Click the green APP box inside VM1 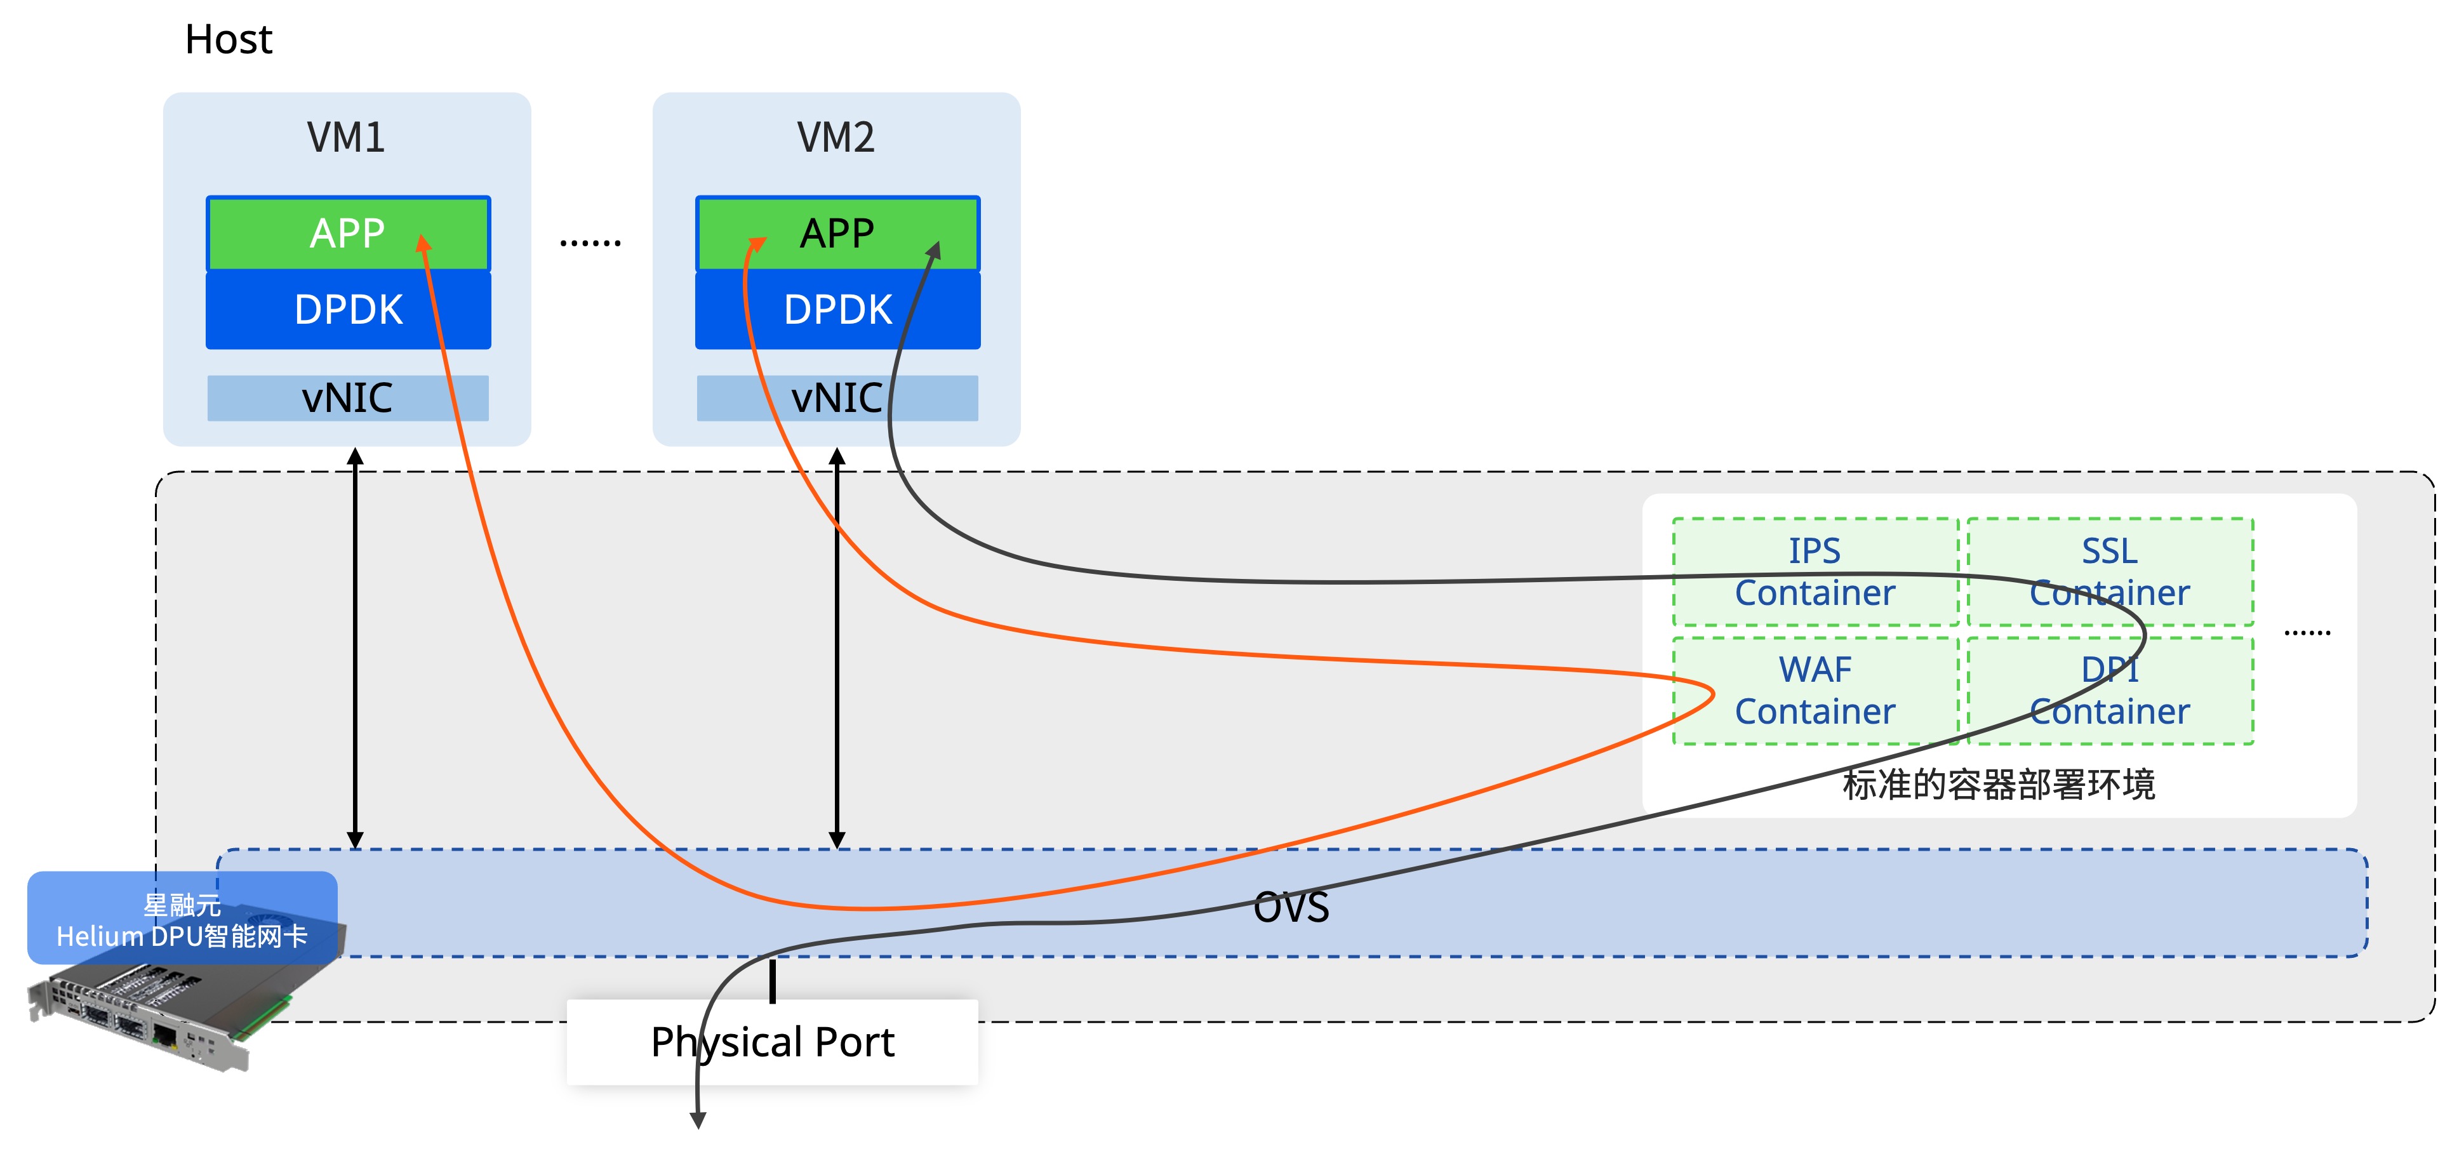pyautogui.click(x=349, y=234)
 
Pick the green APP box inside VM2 pyautogui.click(x=837, y=234)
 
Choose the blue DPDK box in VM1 pyautogui.click(x=349, y=310)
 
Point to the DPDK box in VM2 pyautogui.click(x=837, y=310)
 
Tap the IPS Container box pyautogui.click(x=1815, y=572)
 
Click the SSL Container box pyautogui.click(x=2110, y=572)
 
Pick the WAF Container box pyautogui.click(x=1815, y=691)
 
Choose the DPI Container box pyautogui.click(x=2110, y=691)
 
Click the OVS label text pyautogui.click(x=1291, y=907)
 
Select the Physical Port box pyautogui.click(x=772, y=1042)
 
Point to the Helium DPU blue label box pyautogui.click(x=183, y=918)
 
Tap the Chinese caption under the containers pyautogui.click(x=1999, y=785)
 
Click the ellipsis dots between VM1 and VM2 pyautogui.click(x=590, y=243)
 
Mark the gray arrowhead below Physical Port pyautogui.click(x=698, y=1120)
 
